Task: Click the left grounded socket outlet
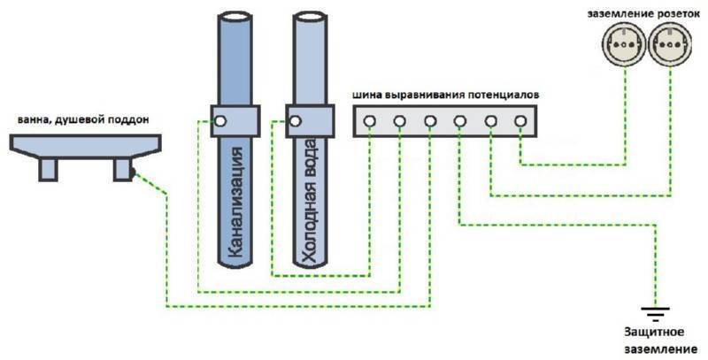coord(624,42)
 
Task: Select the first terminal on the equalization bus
coord(370,120)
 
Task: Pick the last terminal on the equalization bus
coord(519,120)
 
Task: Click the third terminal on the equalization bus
coord(430,120)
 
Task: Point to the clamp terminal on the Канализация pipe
coord(221,120)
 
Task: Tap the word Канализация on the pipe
coord(234,204)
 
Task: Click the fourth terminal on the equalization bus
coord(460,120)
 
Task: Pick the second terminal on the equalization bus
coord(400,120)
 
